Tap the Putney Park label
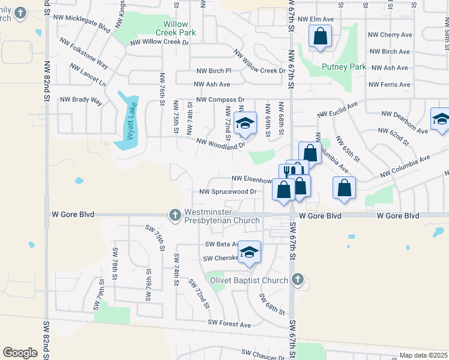(344, 67)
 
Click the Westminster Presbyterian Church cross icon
(175, 214)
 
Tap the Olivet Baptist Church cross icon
(297, 280)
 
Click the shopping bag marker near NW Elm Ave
(321, 37)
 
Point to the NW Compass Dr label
(220, 99)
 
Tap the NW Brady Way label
(81, 100)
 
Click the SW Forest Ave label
(229, 324)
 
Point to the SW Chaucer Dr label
(264, 355)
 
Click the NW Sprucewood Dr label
(228, 192)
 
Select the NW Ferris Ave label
(390, 85)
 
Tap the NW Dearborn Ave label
(405, 113)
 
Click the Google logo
(20, 353)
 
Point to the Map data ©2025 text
(424, 355)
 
